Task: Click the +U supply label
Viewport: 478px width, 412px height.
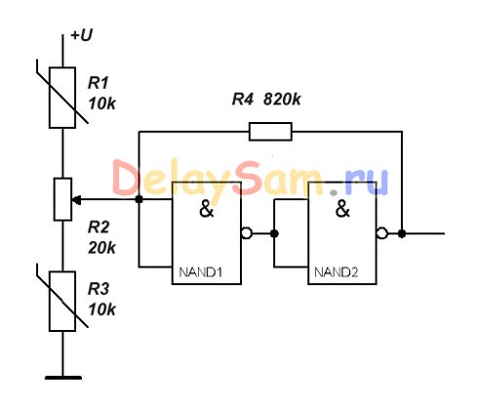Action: (82, 35)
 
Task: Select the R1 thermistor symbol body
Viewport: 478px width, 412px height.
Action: (62, 98)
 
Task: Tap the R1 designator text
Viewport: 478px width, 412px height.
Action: (98, 83)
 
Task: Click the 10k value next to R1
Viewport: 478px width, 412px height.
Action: (102, 103)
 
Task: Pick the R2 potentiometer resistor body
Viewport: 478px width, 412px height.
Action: (62, 199)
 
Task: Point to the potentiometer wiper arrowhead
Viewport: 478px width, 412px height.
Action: (76, 200)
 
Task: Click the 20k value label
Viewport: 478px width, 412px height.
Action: (101, 248)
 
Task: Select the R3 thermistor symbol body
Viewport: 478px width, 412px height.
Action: (62, 302)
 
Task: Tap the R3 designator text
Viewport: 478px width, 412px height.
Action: (99, 289)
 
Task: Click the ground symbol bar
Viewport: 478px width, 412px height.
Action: (63, 378)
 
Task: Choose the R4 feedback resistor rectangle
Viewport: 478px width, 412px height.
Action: (270, 132)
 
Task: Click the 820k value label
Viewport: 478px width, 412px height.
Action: (282, 100)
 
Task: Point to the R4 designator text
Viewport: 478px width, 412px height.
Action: (242, 100)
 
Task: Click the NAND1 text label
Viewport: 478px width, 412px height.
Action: (201, 272)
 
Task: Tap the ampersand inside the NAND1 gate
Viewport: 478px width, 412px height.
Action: (206, 209)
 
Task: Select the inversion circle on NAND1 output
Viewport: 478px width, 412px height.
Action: (247, 233)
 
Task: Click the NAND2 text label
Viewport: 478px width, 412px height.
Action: (337, 272)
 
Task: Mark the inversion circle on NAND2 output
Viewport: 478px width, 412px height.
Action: (382, 233)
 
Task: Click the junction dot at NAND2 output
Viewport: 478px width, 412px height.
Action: (402, 233)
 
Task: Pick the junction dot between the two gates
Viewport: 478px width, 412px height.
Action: (274, 233)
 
